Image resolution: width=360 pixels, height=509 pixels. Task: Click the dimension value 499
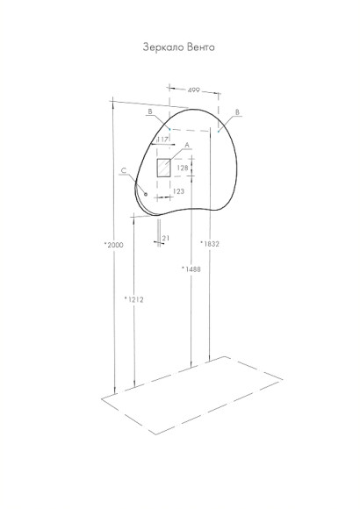pyautogui.click(x=192, y=90)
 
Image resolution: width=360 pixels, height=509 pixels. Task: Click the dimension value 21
pyautogui.click(x=166, y=238)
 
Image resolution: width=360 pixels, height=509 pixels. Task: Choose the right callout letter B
pyautogui.click(x=239, y=112)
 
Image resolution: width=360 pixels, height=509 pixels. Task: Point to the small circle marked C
pyautogui.click(x=145, y=194)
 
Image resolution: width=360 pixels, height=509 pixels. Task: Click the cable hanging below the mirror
pyautogui.click(x=160, y=232)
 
